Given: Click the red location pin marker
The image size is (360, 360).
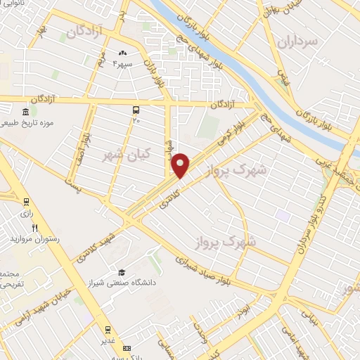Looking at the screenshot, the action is tap(181, 165).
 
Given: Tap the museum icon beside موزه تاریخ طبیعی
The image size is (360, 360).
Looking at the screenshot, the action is tap(25, 112).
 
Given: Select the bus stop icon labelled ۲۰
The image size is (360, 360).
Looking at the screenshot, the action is tap(136, 110).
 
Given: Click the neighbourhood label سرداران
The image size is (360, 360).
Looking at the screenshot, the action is tap(298, 42).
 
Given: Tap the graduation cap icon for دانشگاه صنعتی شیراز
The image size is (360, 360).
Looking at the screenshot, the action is tap(121, 272).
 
